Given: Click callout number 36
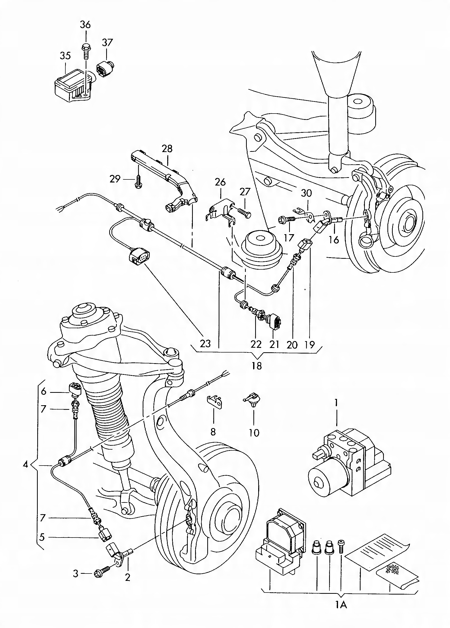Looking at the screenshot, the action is pos(85,25).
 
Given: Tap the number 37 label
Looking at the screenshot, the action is pos(107,42).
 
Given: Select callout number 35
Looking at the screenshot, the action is pos(65,56).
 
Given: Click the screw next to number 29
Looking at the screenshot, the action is pos(138,181).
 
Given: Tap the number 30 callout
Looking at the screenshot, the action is pos(306,193).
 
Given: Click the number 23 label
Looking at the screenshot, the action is pos(205,344).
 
